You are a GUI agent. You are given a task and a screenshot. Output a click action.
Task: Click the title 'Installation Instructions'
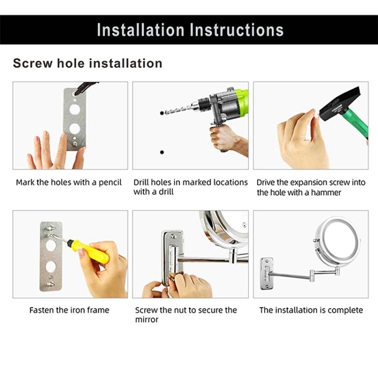pos(190,30)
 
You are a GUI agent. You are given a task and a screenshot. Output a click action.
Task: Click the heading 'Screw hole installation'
pos(87,63)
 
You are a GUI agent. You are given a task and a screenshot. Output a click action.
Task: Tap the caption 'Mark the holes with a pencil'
pos(69,182)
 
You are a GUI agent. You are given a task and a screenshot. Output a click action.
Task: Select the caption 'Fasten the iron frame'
pos(69,310)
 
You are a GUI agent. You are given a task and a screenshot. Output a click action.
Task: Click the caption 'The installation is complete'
pos(311,310)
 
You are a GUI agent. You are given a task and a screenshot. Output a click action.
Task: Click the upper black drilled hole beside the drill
pos(162,113)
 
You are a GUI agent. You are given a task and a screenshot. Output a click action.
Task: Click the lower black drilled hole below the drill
pos(162,152)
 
